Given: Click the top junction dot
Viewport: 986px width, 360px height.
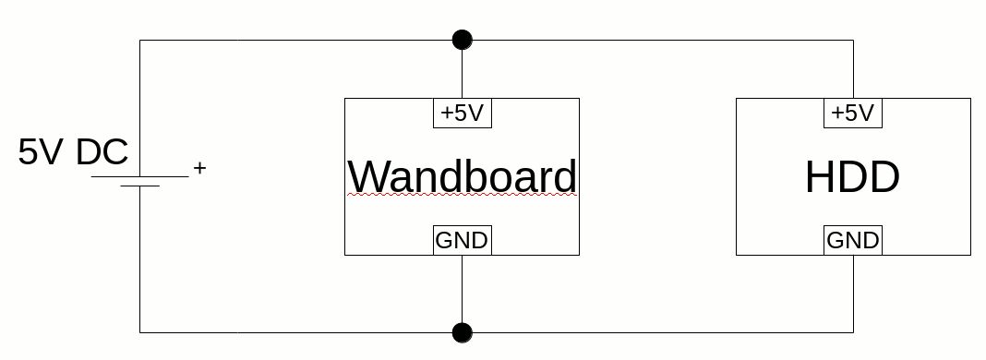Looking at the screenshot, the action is point(463,41).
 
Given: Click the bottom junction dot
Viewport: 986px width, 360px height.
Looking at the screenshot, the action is point(463,332).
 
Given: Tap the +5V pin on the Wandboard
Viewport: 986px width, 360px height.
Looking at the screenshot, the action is point(463,114).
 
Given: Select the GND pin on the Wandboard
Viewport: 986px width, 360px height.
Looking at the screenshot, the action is point(463,240).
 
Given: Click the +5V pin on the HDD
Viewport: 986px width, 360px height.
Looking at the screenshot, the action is point(853,114).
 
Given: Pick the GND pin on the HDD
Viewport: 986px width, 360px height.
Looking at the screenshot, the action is point(853,240).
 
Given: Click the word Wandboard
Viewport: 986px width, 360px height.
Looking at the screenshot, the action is point(463,176).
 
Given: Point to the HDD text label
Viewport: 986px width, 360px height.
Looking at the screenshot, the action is point(853,177).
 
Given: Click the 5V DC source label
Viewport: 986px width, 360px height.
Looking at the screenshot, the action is point(73,152).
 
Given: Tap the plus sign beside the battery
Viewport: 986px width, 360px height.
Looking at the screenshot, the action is point(199,168).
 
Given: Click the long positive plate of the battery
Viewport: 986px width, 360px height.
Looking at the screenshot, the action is point(139,176).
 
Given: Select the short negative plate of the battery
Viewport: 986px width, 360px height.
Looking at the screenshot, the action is point(139,186).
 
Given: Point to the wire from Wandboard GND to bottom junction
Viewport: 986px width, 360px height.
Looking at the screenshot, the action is point(463,288).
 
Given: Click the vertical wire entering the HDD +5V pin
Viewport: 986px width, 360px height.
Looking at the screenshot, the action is point(853,69).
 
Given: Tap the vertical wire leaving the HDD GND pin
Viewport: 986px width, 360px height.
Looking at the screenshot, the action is point(853,294).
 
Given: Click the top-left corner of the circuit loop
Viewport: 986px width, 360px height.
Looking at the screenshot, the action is point(139,41).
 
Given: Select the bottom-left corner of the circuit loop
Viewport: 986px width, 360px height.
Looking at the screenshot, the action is point(139,332).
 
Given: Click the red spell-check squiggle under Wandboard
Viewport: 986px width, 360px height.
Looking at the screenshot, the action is point(463,195).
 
